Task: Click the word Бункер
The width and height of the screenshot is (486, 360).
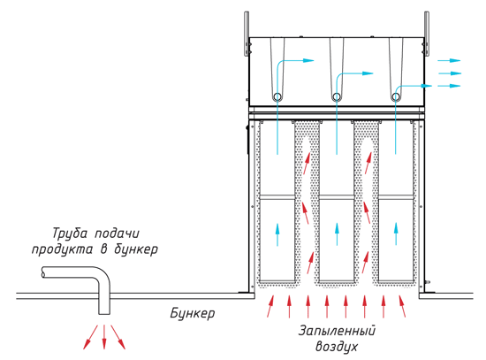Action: [x=192, y=313]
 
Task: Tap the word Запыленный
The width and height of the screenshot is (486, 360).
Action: [x=337, y=331]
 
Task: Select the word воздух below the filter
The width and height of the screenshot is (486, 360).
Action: [x=337, y=347]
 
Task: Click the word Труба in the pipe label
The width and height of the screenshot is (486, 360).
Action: [x=70, y=234]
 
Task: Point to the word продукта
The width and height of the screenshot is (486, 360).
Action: [x=63, y=249]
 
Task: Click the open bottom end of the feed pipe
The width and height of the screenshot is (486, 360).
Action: [x=104, y=314]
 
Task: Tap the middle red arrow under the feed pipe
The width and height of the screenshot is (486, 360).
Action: [x=104, y=337]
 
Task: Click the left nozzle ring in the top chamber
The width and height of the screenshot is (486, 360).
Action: [x=277, y=96]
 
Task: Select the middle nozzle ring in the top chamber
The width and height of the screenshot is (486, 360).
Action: [x=337, y=96]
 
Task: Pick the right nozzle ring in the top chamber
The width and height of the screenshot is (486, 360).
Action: [x=396, y=96]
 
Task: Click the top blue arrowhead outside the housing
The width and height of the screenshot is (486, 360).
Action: [x=455, y=60]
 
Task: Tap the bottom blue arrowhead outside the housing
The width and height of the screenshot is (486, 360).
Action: [x=455, y=86]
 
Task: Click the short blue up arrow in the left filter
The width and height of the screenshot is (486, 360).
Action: [x=277, y=234]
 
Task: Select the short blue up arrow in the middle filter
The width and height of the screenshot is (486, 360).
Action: [x=337, y=234]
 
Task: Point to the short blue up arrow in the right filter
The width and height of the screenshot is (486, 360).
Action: [x=396, y=234]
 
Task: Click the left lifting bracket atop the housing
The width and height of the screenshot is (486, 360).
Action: [x=247, y=34]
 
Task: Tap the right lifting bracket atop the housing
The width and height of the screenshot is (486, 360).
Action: [x=427, y=34]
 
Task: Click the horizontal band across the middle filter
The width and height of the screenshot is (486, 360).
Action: [x=337, y=197]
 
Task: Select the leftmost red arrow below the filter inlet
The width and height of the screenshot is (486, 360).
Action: [x=270, y=306]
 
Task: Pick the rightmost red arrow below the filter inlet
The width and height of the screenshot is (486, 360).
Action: [x=402, y=306]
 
